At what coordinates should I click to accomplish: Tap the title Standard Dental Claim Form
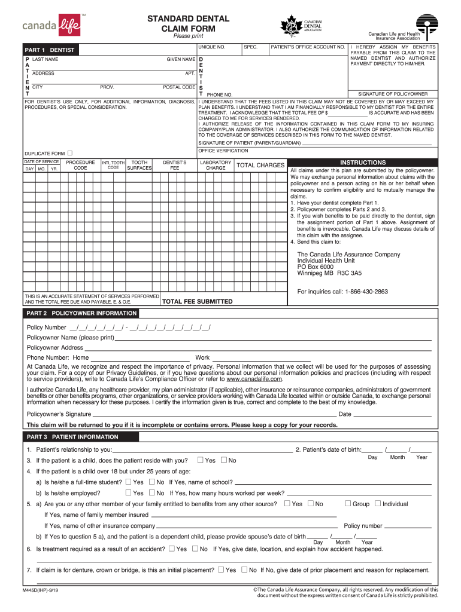click(x=189, y=24)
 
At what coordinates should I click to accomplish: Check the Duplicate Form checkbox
click(x=70, y=154)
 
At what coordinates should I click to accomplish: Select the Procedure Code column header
click(x=80, y=165)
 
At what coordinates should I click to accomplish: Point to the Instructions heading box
click(x=363, y=163)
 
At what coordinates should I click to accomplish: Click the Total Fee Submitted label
click(x=198, y=302)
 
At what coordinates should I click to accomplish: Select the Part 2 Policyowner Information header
click(x=81, y=313)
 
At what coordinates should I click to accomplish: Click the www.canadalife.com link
click(x=254, y=379)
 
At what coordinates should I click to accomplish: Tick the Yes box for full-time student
click(x=128, y=482)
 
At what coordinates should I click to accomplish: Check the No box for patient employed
click(x=151, y=493)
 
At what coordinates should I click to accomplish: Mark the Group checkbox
click(x=348, y=504)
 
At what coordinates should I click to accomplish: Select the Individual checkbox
click(x=377, y=504)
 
